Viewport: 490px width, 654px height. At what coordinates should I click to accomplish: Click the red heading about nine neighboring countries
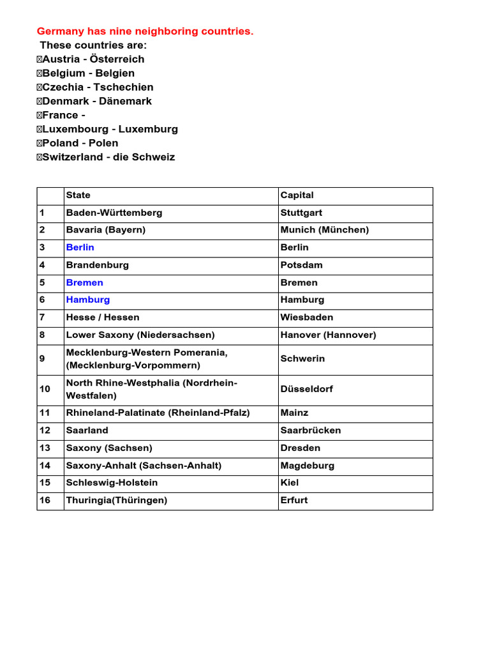tap(145, 31)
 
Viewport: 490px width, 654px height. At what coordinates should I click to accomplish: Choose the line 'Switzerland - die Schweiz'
tap(106, 157)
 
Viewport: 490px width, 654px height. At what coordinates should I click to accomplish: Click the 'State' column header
tap(78, 195)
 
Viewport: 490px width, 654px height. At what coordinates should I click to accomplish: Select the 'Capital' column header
tap(297, 195)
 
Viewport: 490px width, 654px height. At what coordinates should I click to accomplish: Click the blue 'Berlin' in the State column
tap(80, 248)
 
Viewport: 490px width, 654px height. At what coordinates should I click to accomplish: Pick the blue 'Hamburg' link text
tap(88, 300)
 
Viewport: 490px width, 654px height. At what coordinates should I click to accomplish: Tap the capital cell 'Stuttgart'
tap(302, 213)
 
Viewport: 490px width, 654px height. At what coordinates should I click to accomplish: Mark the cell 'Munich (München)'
tap(325, 230)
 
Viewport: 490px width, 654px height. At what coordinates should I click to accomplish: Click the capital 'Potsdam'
tap(302, 265)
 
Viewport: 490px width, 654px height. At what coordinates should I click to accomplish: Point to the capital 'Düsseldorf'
tap(307, 389)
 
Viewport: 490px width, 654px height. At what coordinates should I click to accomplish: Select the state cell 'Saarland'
tap(87, 430)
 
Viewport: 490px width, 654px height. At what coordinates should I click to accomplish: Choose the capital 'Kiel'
tap(290, 483)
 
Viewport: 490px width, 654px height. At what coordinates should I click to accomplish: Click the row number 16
tap(45, 500)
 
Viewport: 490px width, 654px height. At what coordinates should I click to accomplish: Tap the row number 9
tap(42, 359)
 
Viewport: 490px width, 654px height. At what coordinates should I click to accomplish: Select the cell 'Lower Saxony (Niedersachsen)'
tap(140, 335)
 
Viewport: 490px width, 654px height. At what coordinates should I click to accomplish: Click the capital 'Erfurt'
tap(294, 500)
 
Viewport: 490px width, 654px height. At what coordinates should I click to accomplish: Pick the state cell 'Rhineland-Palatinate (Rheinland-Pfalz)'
tap(158, 413)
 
